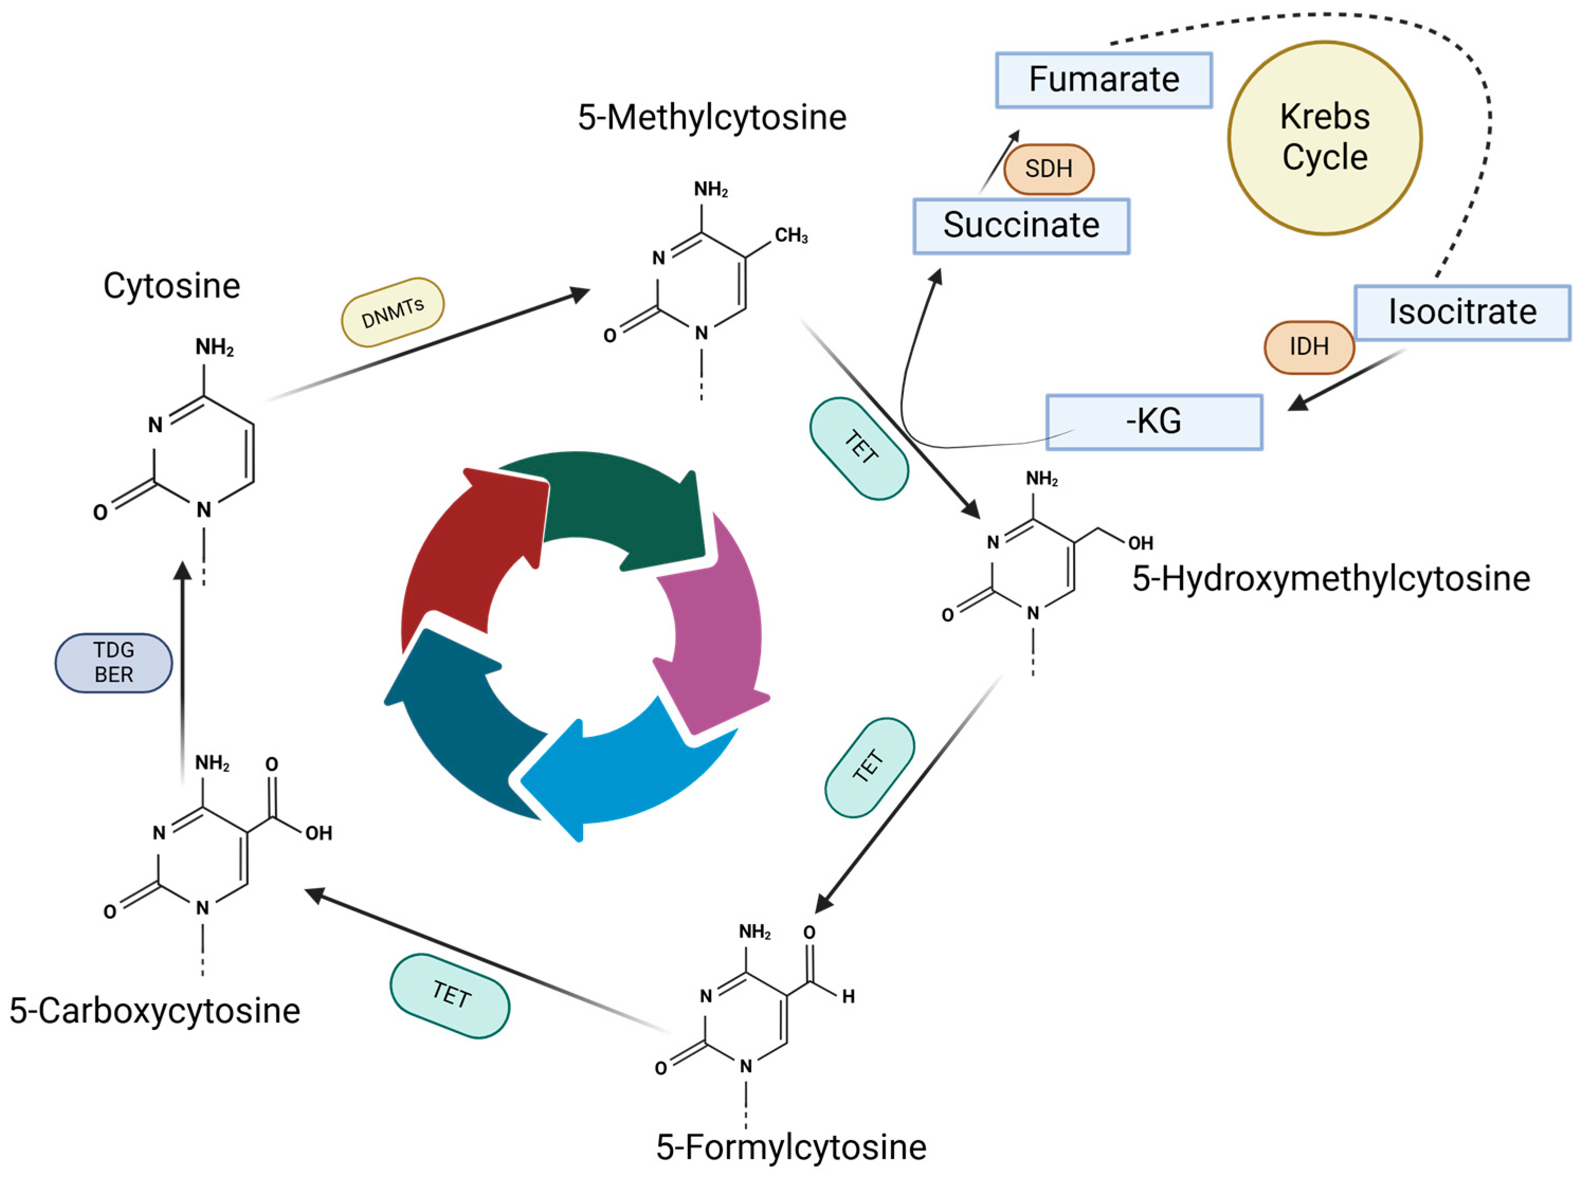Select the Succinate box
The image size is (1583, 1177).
pos(1021,226)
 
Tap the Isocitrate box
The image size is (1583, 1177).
pos(1462,312)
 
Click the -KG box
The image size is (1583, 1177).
pos(1153,422)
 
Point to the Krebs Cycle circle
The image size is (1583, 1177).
pos(1324,138)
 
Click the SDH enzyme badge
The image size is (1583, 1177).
pos(1048,169)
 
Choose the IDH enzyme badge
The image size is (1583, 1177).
pos(1309,347)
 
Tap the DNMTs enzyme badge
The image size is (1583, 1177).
pos(393,312)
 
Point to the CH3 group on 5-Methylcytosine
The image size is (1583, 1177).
pos(791,236)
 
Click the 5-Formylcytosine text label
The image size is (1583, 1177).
pos(791,1146)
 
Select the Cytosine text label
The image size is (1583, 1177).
pos(172,286)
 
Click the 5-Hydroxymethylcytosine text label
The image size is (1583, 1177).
pos(1331,579)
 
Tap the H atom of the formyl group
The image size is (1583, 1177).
pos(848,997)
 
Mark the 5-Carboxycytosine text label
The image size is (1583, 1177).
pos(156,1010)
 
